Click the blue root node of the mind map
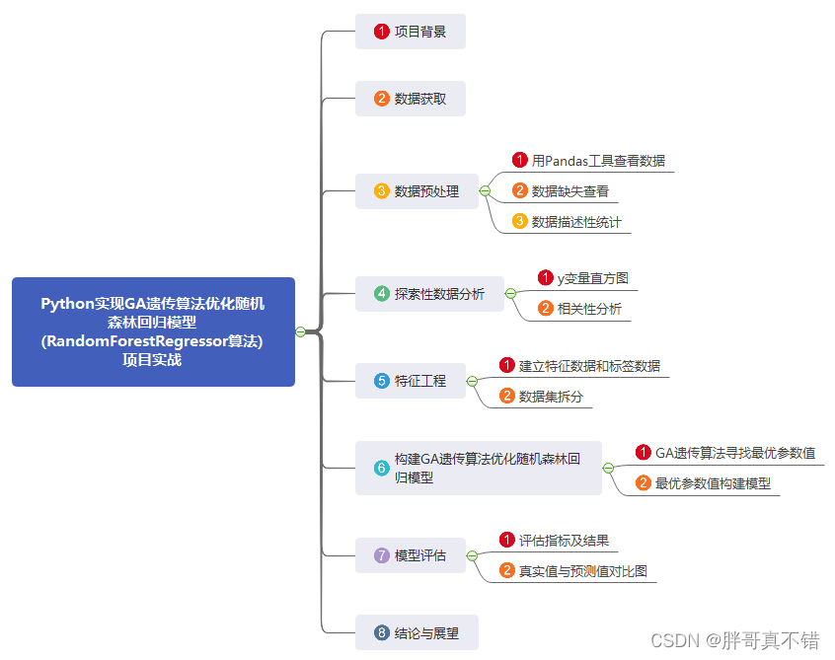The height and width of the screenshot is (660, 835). tap(153, 331)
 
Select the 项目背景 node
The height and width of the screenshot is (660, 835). tap(411, 32)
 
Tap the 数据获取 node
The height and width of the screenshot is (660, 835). tap(411, 99)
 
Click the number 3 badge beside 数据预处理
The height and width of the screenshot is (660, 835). tap(382, 191)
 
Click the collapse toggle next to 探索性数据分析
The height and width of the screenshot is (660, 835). tap(510, 294)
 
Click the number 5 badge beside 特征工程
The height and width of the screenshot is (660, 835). tap(382, 381)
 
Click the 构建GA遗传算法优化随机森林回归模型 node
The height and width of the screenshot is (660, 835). tap(479, 468)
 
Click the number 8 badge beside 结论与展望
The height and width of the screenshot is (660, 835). tap(382, 632)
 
